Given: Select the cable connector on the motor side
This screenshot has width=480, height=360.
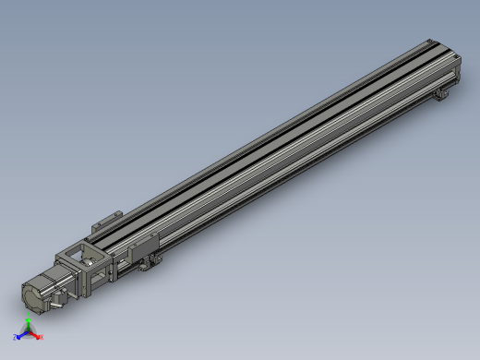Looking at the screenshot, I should pos(56,297).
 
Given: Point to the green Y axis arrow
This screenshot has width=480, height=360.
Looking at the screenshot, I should pos(28,323).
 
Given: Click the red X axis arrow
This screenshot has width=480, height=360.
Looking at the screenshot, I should pos(36,335).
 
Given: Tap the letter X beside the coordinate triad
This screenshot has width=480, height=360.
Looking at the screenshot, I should pos(42,337).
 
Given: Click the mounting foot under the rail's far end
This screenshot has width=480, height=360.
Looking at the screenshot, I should pos(444,91).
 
